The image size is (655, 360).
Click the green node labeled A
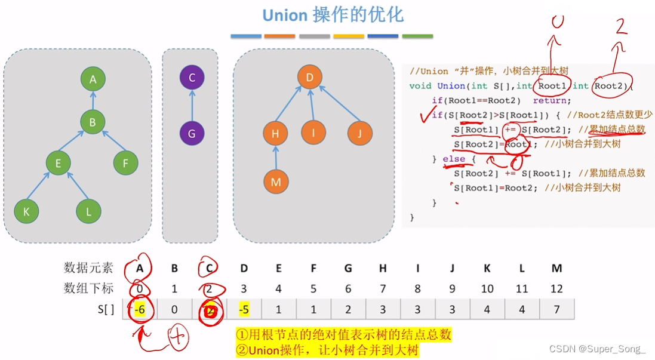point(93,79)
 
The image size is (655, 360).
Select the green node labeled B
point(93,123)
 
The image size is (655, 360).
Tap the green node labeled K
point(26,210)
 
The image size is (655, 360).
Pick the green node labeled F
point(125,162)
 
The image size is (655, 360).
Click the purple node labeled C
point(192,78)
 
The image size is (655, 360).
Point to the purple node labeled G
point(192,133)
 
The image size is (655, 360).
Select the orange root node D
point(309,78)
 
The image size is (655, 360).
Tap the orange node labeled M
point(275,182)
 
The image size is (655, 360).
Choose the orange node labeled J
point(359,133)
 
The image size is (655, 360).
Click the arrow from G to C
point(192,106)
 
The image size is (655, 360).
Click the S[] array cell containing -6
point(140,310)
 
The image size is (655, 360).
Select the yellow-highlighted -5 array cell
point(244,310)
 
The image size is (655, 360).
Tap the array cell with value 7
point(556,310)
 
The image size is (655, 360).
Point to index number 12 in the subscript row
point(556,288)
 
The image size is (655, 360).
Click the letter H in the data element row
point(383,269)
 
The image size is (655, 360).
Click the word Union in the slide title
point(285,15)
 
